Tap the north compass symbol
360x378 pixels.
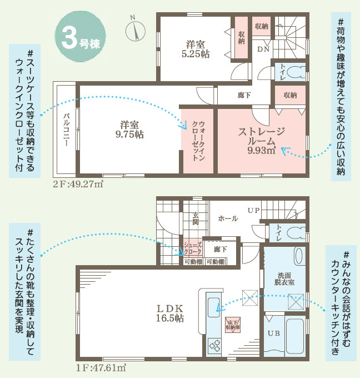[135, 29]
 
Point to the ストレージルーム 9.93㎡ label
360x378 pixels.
[262, 140]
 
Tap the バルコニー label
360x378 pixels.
[66, 128]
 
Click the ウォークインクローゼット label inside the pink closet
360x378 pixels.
[198, 140]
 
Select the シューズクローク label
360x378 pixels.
[192, 248]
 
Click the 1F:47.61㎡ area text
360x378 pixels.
[101, 367]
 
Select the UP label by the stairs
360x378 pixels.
[253, 211]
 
